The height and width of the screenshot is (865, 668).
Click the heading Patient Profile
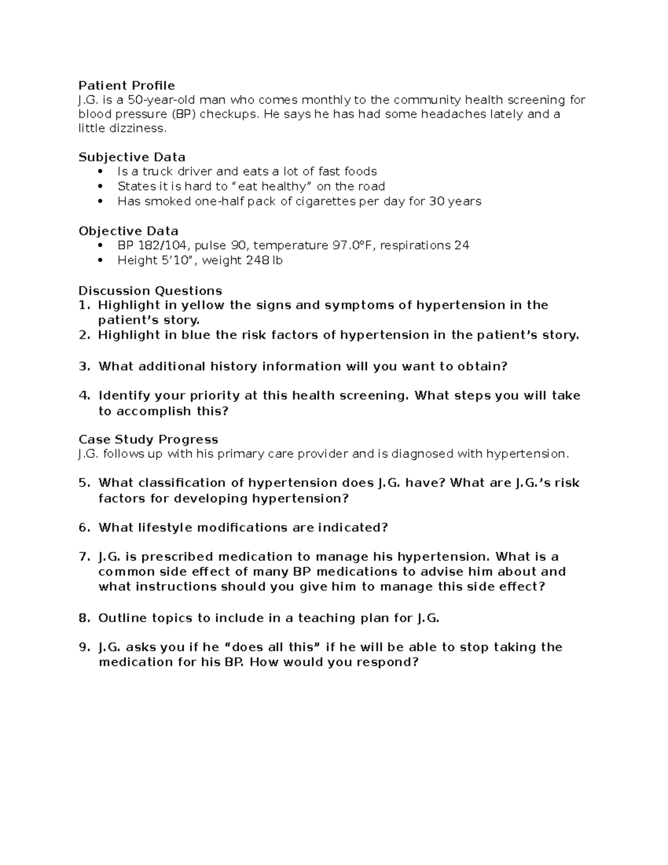pyautogui.click(x=126, y=85)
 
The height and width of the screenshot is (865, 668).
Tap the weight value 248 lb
pyautogui.click(x=264, y=260)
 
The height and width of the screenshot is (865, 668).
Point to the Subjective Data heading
pyautogui.click(x=132, y=157)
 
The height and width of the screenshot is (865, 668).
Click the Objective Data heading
pyautogui.click(x=129, y=231)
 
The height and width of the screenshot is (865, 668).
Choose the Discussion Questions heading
pyautogui.click(x=150, y=291)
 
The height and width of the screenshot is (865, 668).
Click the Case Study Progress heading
pyautogui.click(x=148, y=439)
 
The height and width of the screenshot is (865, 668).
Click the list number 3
pyautogui.click(x=83, y=366)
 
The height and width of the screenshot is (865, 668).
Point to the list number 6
pyautogui.click(x=83, y=527)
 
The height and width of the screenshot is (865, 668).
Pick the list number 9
pyautogui.click(x=83, y=647)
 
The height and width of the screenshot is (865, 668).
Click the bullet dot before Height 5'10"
pyautogui.click(x=100, y=260)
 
